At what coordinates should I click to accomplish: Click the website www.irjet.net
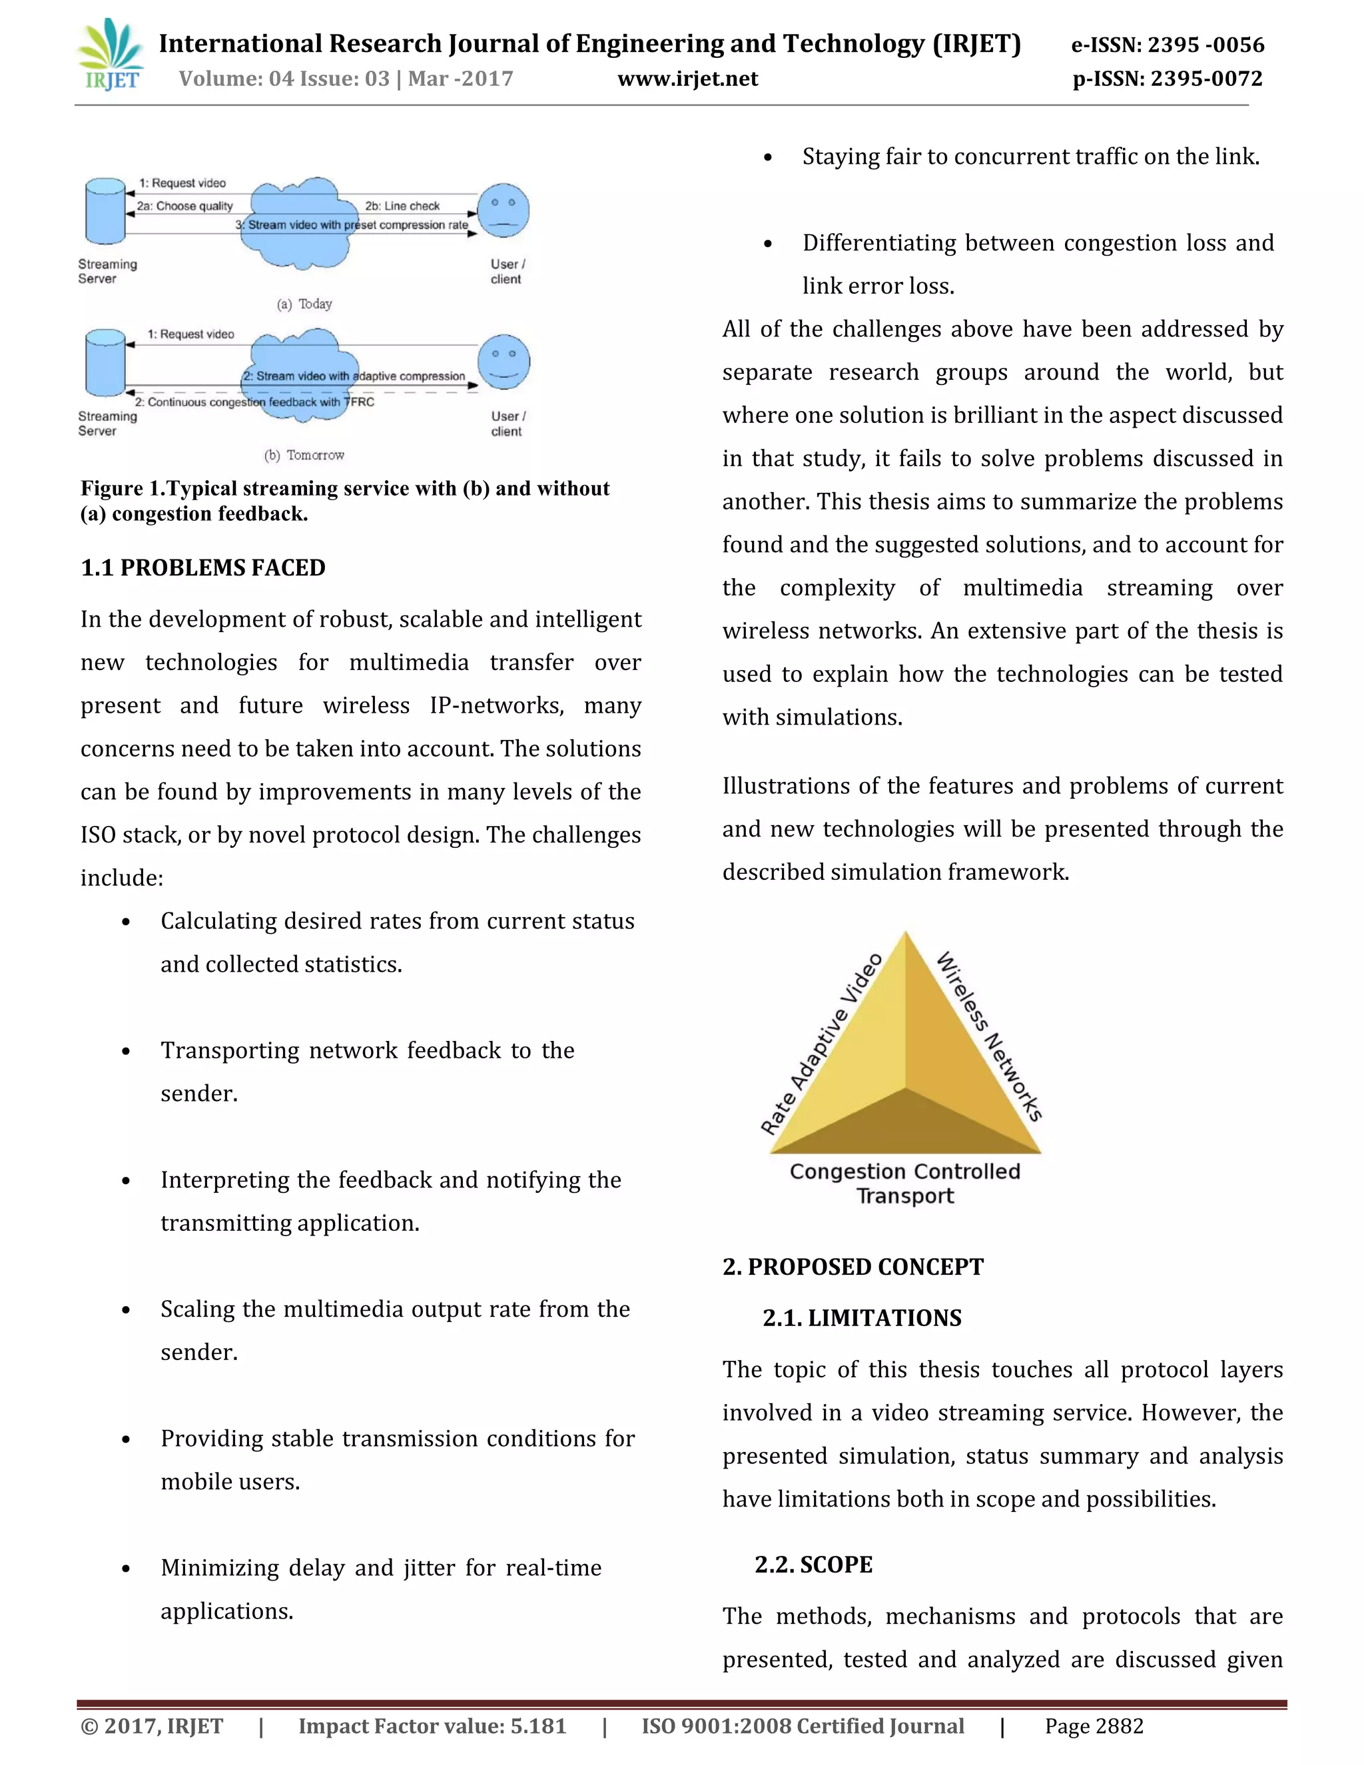687,79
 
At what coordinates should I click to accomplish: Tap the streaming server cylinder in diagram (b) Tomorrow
106,363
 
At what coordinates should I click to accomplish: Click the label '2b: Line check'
402,206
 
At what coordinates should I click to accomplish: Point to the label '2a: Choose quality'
184,206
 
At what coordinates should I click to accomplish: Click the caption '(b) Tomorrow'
304,456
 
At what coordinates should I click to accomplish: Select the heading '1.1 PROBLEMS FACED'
203,567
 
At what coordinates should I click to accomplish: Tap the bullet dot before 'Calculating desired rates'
126,922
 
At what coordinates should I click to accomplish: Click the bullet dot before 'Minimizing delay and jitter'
126,1569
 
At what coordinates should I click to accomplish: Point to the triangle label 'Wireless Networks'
989,1037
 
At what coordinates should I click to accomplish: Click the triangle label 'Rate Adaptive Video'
822,1043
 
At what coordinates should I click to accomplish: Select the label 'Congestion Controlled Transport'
905,1183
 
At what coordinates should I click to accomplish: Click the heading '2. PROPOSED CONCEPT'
852,1266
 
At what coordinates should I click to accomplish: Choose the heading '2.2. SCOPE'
813,1565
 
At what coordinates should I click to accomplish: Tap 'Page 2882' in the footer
1094,1726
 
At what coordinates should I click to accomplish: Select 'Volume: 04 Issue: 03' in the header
284,79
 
